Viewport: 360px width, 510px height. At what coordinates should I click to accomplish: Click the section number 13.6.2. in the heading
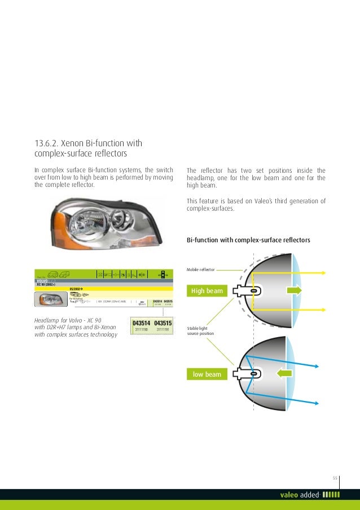(47, 142)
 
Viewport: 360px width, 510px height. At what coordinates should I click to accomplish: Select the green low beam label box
(207, 374)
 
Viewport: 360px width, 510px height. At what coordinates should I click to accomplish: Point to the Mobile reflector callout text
(200, 271)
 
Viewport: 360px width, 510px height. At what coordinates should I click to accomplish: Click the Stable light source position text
(200, 330)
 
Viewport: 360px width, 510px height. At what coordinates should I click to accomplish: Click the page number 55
(335, 478)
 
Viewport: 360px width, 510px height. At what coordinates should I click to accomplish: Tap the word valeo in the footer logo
(290, 495)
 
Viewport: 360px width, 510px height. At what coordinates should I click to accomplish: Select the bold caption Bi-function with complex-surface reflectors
(248, 240)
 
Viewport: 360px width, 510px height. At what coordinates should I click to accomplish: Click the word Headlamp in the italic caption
(49, 320)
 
